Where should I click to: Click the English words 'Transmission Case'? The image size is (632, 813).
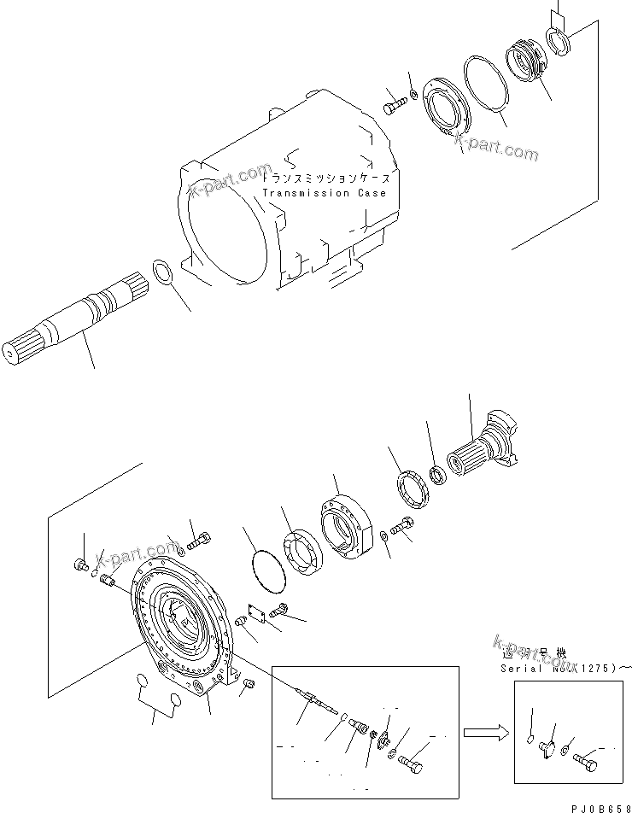324,193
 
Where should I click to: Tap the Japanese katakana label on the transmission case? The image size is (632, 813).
328,179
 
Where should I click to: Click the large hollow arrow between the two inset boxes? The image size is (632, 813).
483,732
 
